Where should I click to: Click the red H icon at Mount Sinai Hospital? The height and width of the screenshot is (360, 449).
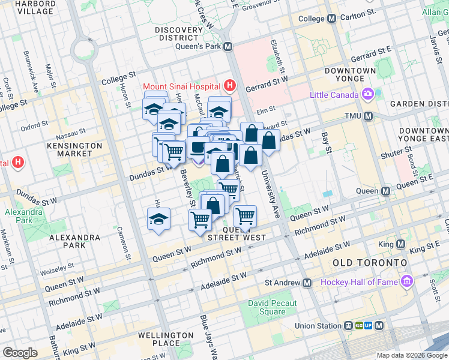click(x=229, y=85)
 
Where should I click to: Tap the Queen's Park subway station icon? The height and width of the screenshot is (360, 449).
click(x=228, y=46)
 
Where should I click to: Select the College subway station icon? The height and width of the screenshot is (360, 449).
click(x=331, y=19)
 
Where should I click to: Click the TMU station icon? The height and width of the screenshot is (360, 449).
click(x=368, y=116)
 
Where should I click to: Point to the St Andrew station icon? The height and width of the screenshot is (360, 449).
click(x=307, y=283)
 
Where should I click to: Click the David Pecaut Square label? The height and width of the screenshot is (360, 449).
click(x=273, y=307)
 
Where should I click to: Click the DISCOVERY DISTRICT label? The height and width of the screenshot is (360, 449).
click(x=178, y=34)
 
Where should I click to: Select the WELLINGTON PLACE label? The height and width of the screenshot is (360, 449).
click(x=165, y=339)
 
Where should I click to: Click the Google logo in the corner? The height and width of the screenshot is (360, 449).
click(x=20, y=353)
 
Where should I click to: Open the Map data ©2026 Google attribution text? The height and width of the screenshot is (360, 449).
click(x=411, y=355)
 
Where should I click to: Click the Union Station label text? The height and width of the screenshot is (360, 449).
click(x=318, y=326)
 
